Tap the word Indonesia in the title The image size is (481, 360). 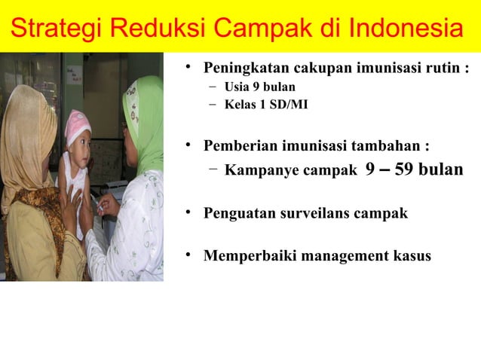[x=406, y=30]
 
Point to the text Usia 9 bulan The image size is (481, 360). [x=259, y=87]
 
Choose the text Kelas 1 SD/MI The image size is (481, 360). [x=265, y=104]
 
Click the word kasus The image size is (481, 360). [x=412, y=256]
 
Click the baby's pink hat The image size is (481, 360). [x=78, y=124]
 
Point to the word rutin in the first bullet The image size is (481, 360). [x=441, y=69]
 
